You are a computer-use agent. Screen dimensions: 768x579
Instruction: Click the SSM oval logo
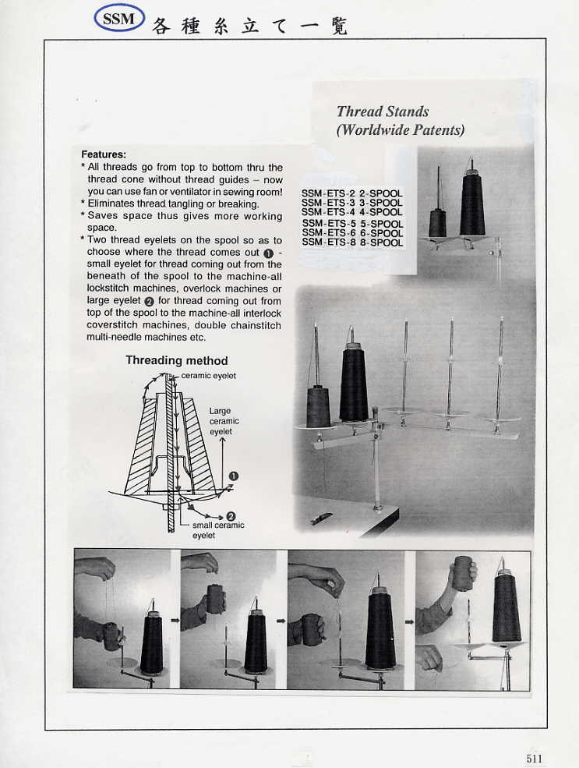coord(119,19)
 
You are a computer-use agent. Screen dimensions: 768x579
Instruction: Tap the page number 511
coord(535,758)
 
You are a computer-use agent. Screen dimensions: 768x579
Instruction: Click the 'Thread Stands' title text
coord(383,111)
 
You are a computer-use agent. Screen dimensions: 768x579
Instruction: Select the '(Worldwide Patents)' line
coord(400,130)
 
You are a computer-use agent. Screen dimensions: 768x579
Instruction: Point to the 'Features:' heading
coord(104,154)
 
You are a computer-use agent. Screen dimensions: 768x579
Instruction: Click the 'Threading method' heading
coord(177,360)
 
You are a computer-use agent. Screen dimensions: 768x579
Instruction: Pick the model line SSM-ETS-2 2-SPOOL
coord(352,193)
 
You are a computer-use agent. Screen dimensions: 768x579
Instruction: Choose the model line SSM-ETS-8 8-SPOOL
coord(352,242)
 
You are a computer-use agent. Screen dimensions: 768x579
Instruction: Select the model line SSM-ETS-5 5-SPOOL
coord(352,224)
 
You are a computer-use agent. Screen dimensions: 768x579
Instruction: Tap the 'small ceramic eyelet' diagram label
coord(217,530)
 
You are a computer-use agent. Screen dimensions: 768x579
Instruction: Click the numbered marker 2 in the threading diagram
coord(231,516)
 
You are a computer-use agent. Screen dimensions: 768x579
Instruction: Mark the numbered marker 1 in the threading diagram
coord(233,476)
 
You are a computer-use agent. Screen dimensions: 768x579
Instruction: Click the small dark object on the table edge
coord(320,518)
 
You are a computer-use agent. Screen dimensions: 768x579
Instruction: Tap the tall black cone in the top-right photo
coord(472,204)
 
